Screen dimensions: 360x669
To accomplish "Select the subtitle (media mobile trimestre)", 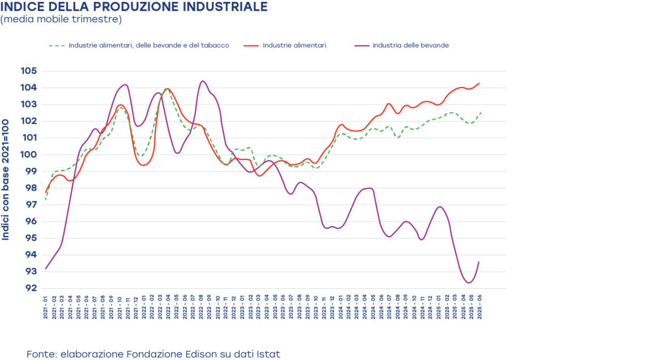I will click(x=61, y=20).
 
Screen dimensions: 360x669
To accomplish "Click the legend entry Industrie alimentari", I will click(x=294, y=46).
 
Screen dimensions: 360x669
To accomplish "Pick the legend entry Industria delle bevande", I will click(x=410, y=46).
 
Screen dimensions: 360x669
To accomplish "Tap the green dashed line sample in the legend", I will click(x=57, y=46).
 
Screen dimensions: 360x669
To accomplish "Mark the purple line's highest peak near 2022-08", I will click(x=203, y=81).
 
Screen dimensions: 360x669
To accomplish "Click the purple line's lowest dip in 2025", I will click(x=468, y=283).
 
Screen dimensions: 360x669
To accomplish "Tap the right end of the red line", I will click(x=480, y=83).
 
